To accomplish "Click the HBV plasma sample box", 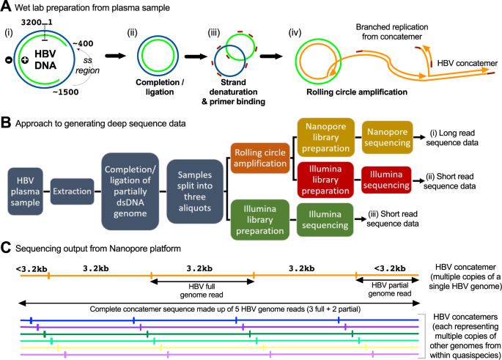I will pos(25,191).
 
